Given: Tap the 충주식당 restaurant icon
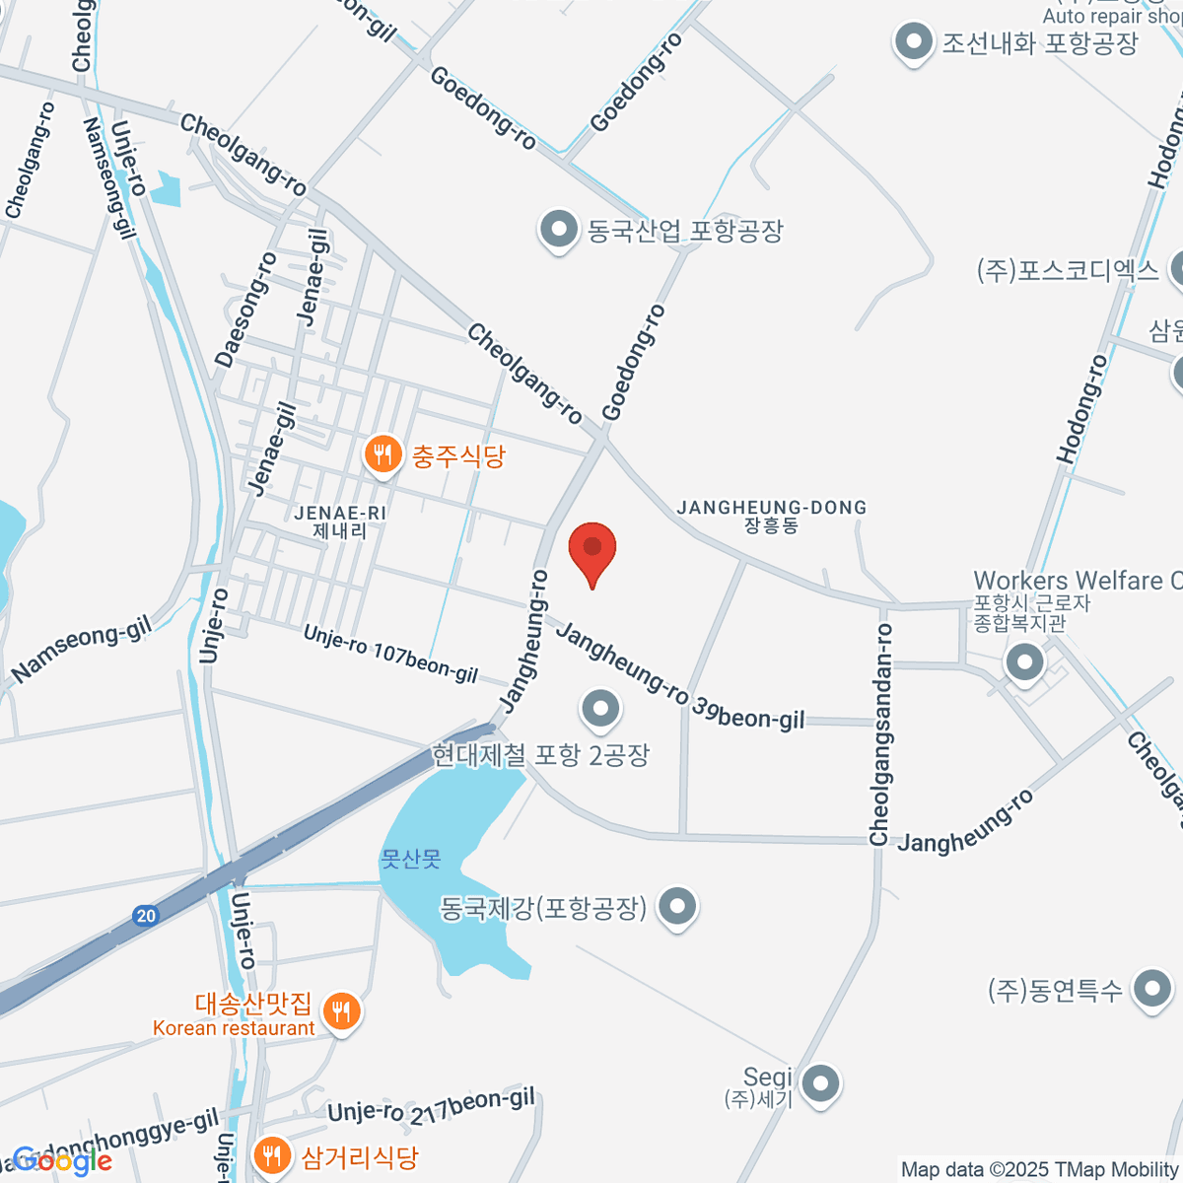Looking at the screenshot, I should [382, 455].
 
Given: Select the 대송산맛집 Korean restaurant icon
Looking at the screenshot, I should [341, 1011].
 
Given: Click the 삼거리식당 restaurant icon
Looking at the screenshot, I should [271, 1155].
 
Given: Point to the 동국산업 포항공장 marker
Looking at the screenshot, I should [558, 230].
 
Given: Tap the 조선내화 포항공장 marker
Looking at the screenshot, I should [913, 42].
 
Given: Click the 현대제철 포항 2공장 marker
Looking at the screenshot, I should [600, 708].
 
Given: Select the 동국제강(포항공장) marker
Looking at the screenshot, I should [677, 907].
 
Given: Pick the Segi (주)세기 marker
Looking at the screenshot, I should [819, 1083].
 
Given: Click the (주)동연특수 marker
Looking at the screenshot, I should [1151, 989].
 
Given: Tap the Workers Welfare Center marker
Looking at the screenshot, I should [1024, 661].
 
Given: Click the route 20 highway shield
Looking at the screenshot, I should [146, 916].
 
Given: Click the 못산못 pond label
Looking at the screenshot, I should [410, 860].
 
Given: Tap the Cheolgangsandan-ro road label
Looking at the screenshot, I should [880, 734].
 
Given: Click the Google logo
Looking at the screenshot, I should [61, 1161].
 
